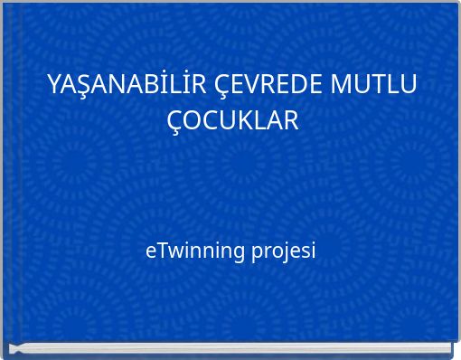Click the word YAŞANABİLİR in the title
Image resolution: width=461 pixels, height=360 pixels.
[128, 86]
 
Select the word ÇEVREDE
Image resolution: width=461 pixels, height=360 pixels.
[269, 86]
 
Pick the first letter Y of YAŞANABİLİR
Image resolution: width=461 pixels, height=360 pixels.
[53, 86]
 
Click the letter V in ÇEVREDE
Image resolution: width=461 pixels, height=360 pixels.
[248, 86]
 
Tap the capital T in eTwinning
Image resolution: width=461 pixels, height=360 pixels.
[160, 250]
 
